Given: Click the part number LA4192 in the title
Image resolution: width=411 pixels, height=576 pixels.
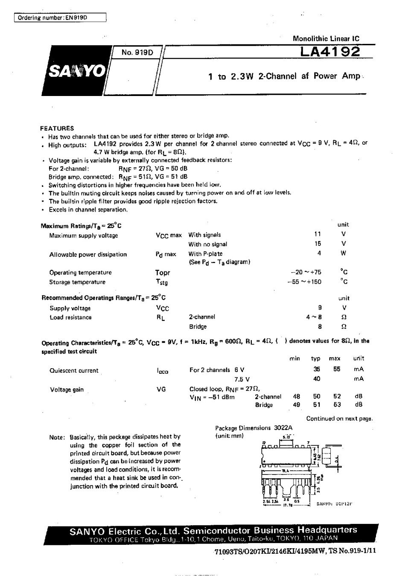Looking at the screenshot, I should (330, 52).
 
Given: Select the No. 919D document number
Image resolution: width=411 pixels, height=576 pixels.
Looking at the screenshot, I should (137, 53).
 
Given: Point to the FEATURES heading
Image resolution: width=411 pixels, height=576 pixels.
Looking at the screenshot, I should (57, 128).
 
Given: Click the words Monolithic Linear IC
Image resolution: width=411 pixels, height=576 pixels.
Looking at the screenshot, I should (326, 38).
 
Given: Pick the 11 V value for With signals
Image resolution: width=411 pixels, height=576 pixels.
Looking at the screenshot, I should (317, 234).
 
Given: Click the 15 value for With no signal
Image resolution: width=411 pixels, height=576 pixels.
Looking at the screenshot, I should (317, 244).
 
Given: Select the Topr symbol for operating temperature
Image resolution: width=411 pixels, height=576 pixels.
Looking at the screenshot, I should (163, 273).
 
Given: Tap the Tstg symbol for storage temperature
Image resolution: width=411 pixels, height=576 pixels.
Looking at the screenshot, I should (162, 282).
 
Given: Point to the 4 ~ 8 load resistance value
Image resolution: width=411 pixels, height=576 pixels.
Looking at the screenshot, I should (314, 317).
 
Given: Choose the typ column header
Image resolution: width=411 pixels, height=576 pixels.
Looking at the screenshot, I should (316, 359).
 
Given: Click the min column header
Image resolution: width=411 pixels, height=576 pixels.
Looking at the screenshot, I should (294, 359).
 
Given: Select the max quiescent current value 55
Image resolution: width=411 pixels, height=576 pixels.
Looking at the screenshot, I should (337, 369).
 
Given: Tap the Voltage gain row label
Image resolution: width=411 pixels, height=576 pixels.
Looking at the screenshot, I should (67, 390).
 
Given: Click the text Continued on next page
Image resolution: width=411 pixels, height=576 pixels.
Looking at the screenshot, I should (339, 419).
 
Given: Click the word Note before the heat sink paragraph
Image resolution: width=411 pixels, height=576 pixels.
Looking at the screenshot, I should (56, 437).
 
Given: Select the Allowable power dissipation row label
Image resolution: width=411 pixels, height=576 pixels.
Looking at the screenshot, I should (88, 255).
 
